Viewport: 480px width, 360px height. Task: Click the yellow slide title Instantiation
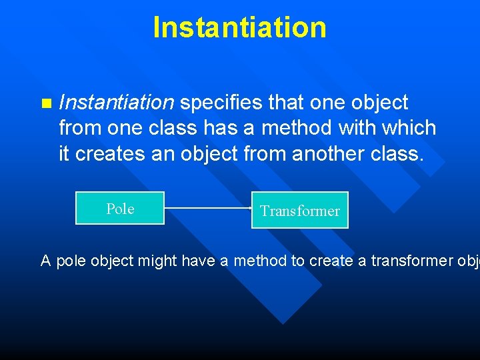coord(239,28)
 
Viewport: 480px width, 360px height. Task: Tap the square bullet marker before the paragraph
coord(45,103)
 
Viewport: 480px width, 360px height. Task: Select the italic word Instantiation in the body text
coord(116,103)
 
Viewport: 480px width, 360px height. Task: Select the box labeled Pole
coord(120,209)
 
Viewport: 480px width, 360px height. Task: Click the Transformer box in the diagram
coord(299,211)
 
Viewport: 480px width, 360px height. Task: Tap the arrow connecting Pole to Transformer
coord(207,208)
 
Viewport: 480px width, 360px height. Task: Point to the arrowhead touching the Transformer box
coord(249,208)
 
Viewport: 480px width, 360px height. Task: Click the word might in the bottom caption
coord(155,261)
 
